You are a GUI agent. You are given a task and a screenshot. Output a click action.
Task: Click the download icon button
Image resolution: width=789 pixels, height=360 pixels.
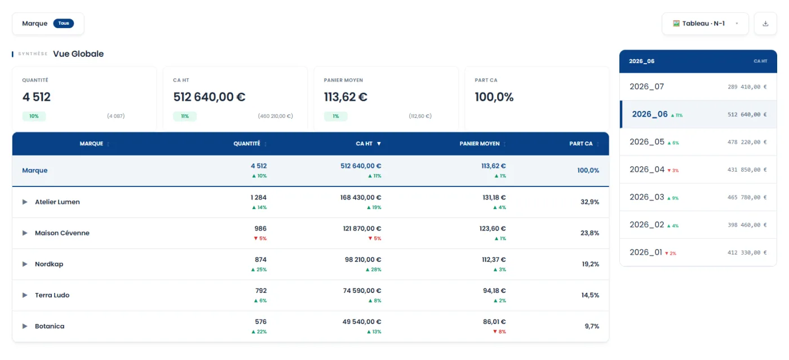point(765,24)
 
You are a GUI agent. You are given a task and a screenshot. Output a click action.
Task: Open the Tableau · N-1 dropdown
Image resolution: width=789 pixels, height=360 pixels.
point(705,24)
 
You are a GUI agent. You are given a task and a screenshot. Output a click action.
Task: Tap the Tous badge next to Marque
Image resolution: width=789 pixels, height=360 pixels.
point(63,23)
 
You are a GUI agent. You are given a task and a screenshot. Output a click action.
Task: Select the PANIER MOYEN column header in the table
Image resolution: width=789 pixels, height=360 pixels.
point(480,144)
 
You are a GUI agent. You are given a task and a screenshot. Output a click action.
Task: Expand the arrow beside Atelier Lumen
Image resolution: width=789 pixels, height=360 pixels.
point(25,202)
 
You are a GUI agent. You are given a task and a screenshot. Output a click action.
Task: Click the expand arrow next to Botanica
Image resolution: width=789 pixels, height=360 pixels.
point(25,326)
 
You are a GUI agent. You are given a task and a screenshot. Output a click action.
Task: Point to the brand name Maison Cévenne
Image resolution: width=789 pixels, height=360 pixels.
point(62,233)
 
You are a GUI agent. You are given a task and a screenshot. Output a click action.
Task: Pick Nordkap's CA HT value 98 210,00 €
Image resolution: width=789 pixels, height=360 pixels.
point(363,260)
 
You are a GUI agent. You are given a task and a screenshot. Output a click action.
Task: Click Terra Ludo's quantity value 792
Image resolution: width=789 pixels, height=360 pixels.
point(261,291)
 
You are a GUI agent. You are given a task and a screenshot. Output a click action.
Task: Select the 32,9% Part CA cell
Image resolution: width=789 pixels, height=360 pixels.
point(589,202)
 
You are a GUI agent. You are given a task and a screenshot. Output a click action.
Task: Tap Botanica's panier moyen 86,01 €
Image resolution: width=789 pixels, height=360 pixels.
point(494,322)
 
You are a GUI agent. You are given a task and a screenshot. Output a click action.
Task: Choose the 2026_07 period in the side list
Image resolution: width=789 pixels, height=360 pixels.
point(647,87)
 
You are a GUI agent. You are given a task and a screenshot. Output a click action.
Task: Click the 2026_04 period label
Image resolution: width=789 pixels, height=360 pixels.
point(647,170)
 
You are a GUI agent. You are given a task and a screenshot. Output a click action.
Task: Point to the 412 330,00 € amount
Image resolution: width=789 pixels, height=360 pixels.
point(747,252)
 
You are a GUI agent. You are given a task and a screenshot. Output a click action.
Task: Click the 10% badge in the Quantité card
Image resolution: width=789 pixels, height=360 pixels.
point(34,116)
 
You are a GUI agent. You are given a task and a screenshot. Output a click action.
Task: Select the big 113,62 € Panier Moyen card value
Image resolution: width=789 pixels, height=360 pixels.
point(345,97)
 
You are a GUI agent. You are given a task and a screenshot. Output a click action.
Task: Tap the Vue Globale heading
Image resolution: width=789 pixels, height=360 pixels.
point(78,54)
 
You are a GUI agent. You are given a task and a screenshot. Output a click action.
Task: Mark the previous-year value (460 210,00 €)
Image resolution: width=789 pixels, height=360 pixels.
point(276,116)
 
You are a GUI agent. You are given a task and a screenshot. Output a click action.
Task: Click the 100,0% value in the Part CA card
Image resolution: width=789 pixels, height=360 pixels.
point(494,97)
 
